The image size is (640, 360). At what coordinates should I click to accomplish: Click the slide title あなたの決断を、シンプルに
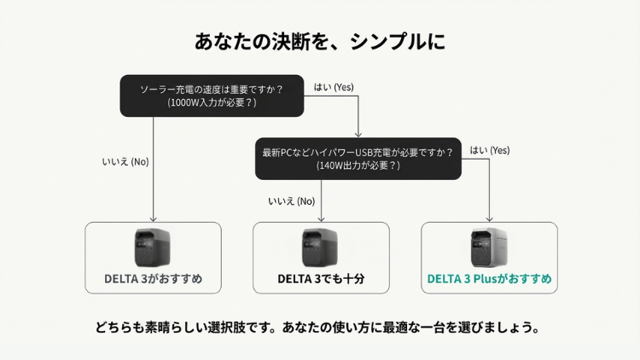click(320, 42)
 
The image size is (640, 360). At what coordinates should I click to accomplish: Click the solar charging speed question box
click(212, 95)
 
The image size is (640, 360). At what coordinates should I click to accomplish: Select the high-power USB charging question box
click(358, 159)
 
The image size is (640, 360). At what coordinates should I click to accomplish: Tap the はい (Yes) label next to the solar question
click(334, 87)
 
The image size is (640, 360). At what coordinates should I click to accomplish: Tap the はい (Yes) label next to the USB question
click(489, 150)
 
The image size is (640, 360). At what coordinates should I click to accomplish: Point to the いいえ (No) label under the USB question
click(292, 201)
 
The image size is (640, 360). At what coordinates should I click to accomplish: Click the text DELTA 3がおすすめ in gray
click(153, 279)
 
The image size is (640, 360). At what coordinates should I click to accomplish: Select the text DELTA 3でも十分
click(321, 279)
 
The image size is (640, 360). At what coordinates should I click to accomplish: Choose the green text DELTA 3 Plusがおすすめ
click(489, 279)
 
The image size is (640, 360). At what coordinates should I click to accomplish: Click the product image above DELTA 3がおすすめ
click(153, 248)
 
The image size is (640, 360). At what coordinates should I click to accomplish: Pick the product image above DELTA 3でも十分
click(321, 248)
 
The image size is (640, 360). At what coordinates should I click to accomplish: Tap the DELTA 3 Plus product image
click(489, 248)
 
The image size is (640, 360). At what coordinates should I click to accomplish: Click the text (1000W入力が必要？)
click(212, 102)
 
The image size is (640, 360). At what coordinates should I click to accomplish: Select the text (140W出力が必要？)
click(358, 165)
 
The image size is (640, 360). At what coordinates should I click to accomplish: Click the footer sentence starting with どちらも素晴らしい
click(320, 328)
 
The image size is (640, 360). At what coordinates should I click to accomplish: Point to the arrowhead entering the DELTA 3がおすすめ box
click(154, 219)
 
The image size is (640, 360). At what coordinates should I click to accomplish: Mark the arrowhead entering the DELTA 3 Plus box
click(489, 219)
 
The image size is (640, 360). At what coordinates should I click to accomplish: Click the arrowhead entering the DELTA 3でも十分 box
click(322, 219)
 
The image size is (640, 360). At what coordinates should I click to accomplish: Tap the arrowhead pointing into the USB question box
click(358, 135)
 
